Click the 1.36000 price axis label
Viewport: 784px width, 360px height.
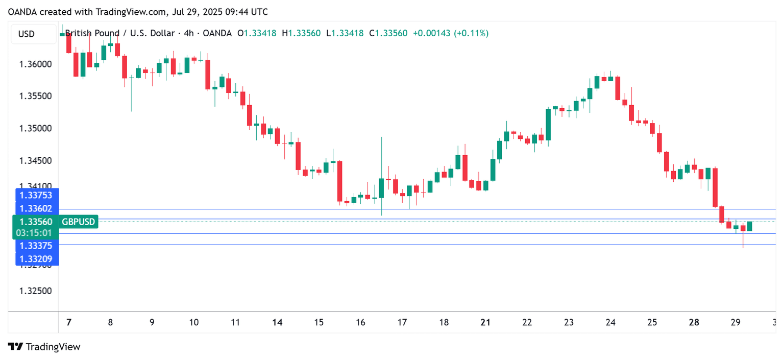point(35,64)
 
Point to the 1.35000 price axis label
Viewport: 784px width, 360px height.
point(35,128)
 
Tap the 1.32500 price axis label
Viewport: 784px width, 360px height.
point(35,291)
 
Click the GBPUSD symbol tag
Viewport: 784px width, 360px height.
point(78,222)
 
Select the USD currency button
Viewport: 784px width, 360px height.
point(27,34)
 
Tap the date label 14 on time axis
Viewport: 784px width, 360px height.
point(277,323)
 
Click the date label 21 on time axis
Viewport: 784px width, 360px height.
point(485,323)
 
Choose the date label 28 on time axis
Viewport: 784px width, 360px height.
point(694,323)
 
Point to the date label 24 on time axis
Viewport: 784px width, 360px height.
point(610,323)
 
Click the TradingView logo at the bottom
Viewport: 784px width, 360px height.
point(44,347)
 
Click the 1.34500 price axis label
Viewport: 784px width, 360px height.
point(35,161)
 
